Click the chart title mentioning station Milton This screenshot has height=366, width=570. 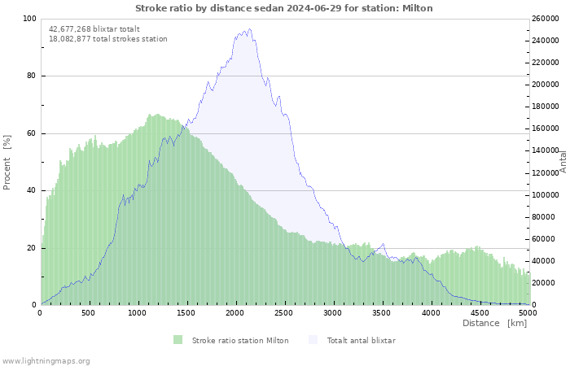[284, 8]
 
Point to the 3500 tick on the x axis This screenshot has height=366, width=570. [381, 313]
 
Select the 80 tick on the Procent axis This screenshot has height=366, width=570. [32, 76]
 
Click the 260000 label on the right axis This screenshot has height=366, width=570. [546, 19]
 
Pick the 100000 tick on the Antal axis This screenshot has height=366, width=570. [546, 195]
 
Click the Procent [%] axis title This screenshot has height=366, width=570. [7, 163]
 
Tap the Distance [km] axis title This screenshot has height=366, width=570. [494, 323]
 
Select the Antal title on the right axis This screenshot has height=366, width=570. [563, 162]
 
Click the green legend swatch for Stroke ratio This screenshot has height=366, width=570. [178, 340]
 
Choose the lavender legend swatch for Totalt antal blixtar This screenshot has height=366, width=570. [313, 340]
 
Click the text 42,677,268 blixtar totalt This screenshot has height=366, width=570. [94, 29]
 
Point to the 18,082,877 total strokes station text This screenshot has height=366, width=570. [108, 39]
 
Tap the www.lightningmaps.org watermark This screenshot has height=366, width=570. [45, 361]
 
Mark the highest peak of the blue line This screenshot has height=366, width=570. [249, 29]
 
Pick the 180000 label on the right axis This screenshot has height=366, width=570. [546, 107]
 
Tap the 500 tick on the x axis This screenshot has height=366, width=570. [88, 313]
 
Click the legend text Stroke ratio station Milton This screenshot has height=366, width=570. [240, 341]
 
